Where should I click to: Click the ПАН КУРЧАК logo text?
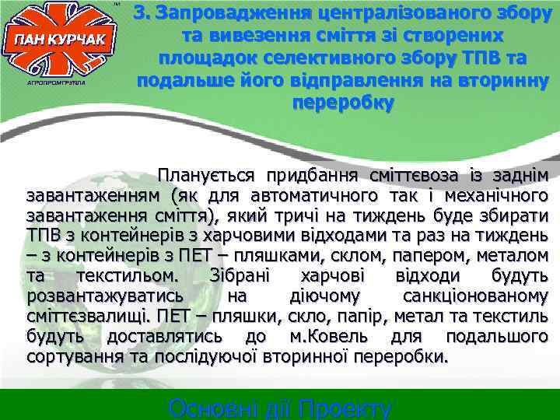(x=60, y=41)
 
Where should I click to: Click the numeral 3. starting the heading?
(x=141, y=13)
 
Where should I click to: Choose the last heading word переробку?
(x=342, y=103)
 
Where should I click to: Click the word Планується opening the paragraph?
(x=208, y=176)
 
